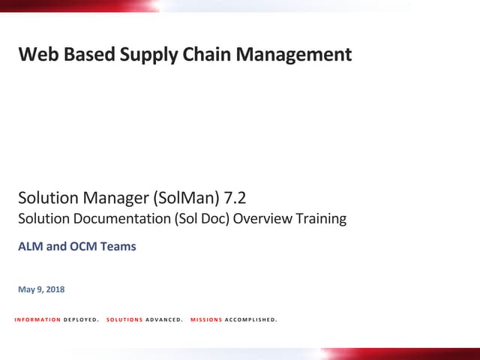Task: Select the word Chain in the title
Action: pyautogui.click(x=204, y=55)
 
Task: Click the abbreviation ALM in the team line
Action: pyautogui.click(x=31, y=246)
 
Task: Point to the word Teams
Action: pyautogui.click(x=119, y=246)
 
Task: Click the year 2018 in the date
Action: pyautogui.click(x=54, y=289)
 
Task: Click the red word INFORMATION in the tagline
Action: pyautogui.click(x=37, y=320)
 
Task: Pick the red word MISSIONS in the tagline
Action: pyautogui.click(x=206, y=320)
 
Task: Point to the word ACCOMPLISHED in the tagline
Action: pyautogui.click(x=250, y=320)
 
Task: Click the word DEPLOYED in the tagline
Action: pyautogui.click(x=81, y=320)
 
